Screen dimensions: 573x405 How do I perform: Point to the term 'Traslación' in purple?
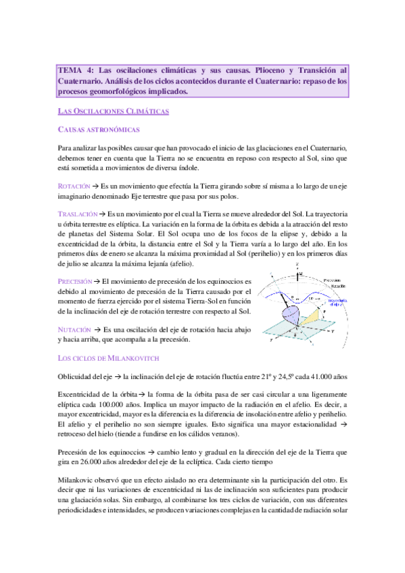pos(77,214)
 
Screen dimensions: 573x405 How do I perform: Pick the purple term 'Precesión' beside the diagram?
pos(76,280)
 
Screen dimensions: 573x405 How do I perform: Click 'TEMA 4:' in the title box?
pos(74,70)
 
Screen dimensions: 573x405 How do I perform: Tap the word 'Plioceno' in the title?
pos(277,70)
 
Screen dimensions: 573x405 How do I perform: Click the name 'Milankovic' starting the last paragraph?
pos(78,477)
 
